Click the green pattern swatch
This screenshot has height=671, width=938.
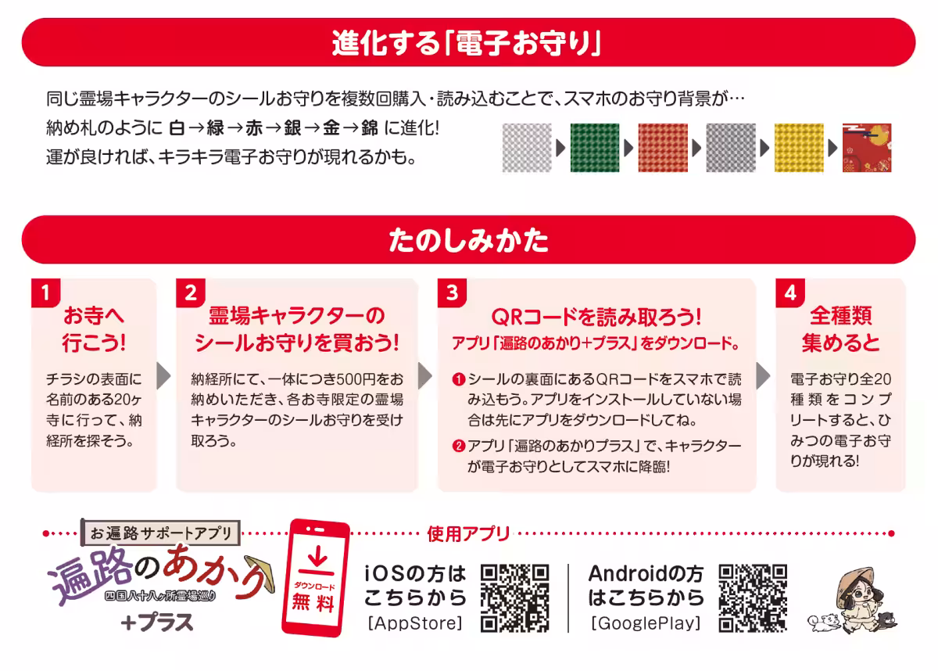(596, 147)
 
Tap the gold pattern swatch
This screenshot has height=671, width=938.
(799, 147)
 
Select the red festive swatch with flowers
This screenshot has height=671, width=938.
(867, 147)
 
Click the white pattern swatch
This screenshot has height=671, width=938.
(527, 147)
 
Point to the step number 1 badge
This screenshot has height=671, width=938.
(46, 293)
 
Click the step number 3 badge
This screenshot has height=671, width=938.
(452, 293)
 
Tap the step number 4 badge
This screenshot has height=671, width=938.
(790, 293)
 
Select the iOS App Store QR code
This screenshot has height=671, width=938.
(514, 597)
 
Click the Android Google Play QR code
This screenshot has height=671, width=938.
(753, 597)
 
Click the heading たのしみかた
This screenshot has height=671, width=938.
(468, 240)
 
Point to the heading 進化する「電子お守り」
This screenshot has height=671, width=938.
(468, 42)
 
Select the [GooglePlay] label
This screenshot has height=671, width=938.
(646, 623)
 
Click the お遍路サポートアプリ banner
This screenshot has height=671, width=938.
(161, 533)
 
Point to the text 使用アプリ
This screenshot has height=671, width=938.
(468, 534)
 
